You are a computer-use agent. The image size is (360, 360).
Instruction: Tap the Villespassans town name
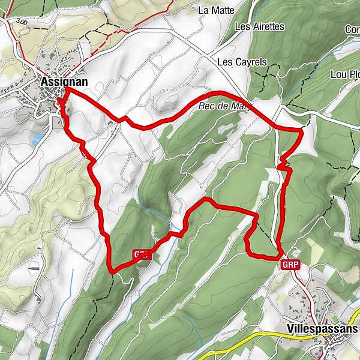click(x=322, y=329)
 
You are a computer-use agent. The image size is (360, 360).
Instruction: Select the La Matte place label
click(x=212, y=10)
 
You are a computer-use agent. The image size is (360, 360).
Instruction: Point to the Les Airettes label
click(x=259, y=27)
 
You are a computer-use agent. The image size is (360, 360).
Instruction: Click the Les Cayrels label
click(x=241, y=62)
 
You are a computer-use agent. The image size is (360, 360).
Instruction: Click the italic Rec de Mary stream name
click(x=224, y=106)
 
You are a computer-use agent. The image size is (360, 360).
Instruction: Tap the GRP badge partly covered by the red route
click(x=140, y=254)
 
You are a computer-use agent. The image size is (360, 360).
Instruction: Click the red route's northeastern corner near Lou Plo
click(x=301, y=129)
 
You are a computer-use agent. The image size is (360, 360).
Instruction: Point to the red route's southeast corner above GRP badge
click(x=280, y=256)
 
